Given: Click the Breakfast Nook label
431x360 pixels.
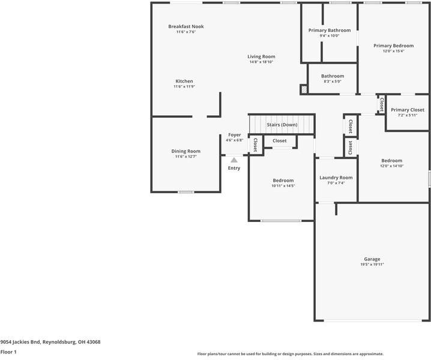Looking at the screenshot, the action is click(x=186, y=26).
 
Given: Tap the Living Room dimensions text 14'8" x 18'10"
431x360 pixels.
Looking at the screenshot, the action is click(x=261, y=62).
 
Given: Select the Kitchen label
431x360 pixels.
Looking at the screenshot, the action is click(x=184, y=81).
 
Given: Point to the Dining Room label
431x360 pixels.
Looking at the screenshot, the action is click(x=186, y=151).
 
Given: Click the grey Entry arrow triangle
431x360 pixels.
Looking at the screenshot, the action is click(x=234, y=160).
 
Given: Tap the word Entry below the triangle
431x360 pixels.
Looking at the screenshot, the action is click(x=234, y=168).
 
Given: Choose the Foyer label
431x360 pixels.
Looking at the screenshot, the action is click(x=235, y=135).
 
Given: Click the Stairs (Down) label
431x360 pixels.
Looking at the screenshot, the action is click(x=282, y=125).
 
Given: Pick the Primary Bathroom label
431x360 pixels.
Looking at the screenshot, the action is click(x=330, y=30).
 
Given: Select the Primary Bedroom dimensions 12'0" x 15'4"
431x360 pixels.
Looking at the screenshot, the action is click(x=394, y=51).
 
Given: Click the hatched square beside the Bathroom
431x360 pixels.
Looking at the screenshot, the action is click(x=304, y=89).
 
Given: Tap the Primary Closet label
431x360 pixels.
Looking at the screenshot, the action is click(x=408, y=110).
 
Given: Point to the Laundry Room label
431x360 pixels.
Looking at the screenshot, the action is click(x=336, y=178).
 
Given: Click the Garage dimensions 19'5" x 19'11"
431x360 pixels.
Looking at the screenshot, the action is click(x=372, y=265).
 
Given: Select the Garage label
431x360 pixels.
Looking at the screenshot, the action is click(x=372, y=259).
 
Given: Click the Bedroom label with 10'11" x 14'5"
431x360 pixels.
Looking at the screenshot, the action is click(x=283, y=180).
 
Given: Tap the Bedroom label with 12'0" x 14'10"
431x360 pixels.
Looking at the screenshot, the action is click(x=392, y=160).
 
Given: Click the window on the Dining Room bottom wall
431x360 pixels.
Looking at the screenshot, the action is click(x=186, y=192).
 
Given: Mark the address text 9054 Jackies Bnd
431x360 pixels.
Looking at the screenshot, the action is click(x=20, y=342).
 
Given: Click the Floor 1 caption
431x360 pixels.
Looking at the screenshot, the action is click(x=8, y=352).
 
